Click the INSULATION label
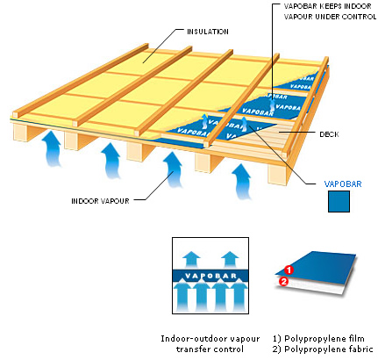click(208, 32)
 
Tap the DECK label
click(329, 134)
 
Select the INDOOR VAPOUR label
click(100, 201)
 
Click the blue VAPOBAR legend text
click(343, 184)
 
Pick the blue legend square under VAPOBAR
click(339, 201)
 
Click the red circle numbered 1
click(289, 270)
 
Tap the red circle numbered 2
click(283, 282)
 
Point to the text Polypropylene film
click(325, 339)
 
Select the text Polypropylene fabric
click(329, 349)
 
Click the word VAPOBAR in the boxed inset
click(210, 276)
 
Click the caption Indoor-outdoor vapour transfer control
click(210, 344)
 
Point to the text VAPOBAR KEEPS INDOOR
click(327, 6)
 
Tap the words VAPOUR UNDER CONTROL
click(330, 17)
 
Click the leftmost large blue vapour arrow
click(52, 148)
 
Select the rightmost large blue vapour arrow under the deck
click(241, 182)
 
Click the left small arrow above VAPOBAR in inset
click(192, 259)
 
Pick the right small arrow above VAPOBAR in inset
click(230, 259)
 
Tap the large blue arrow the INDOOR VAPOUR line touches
click(173, 169)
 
